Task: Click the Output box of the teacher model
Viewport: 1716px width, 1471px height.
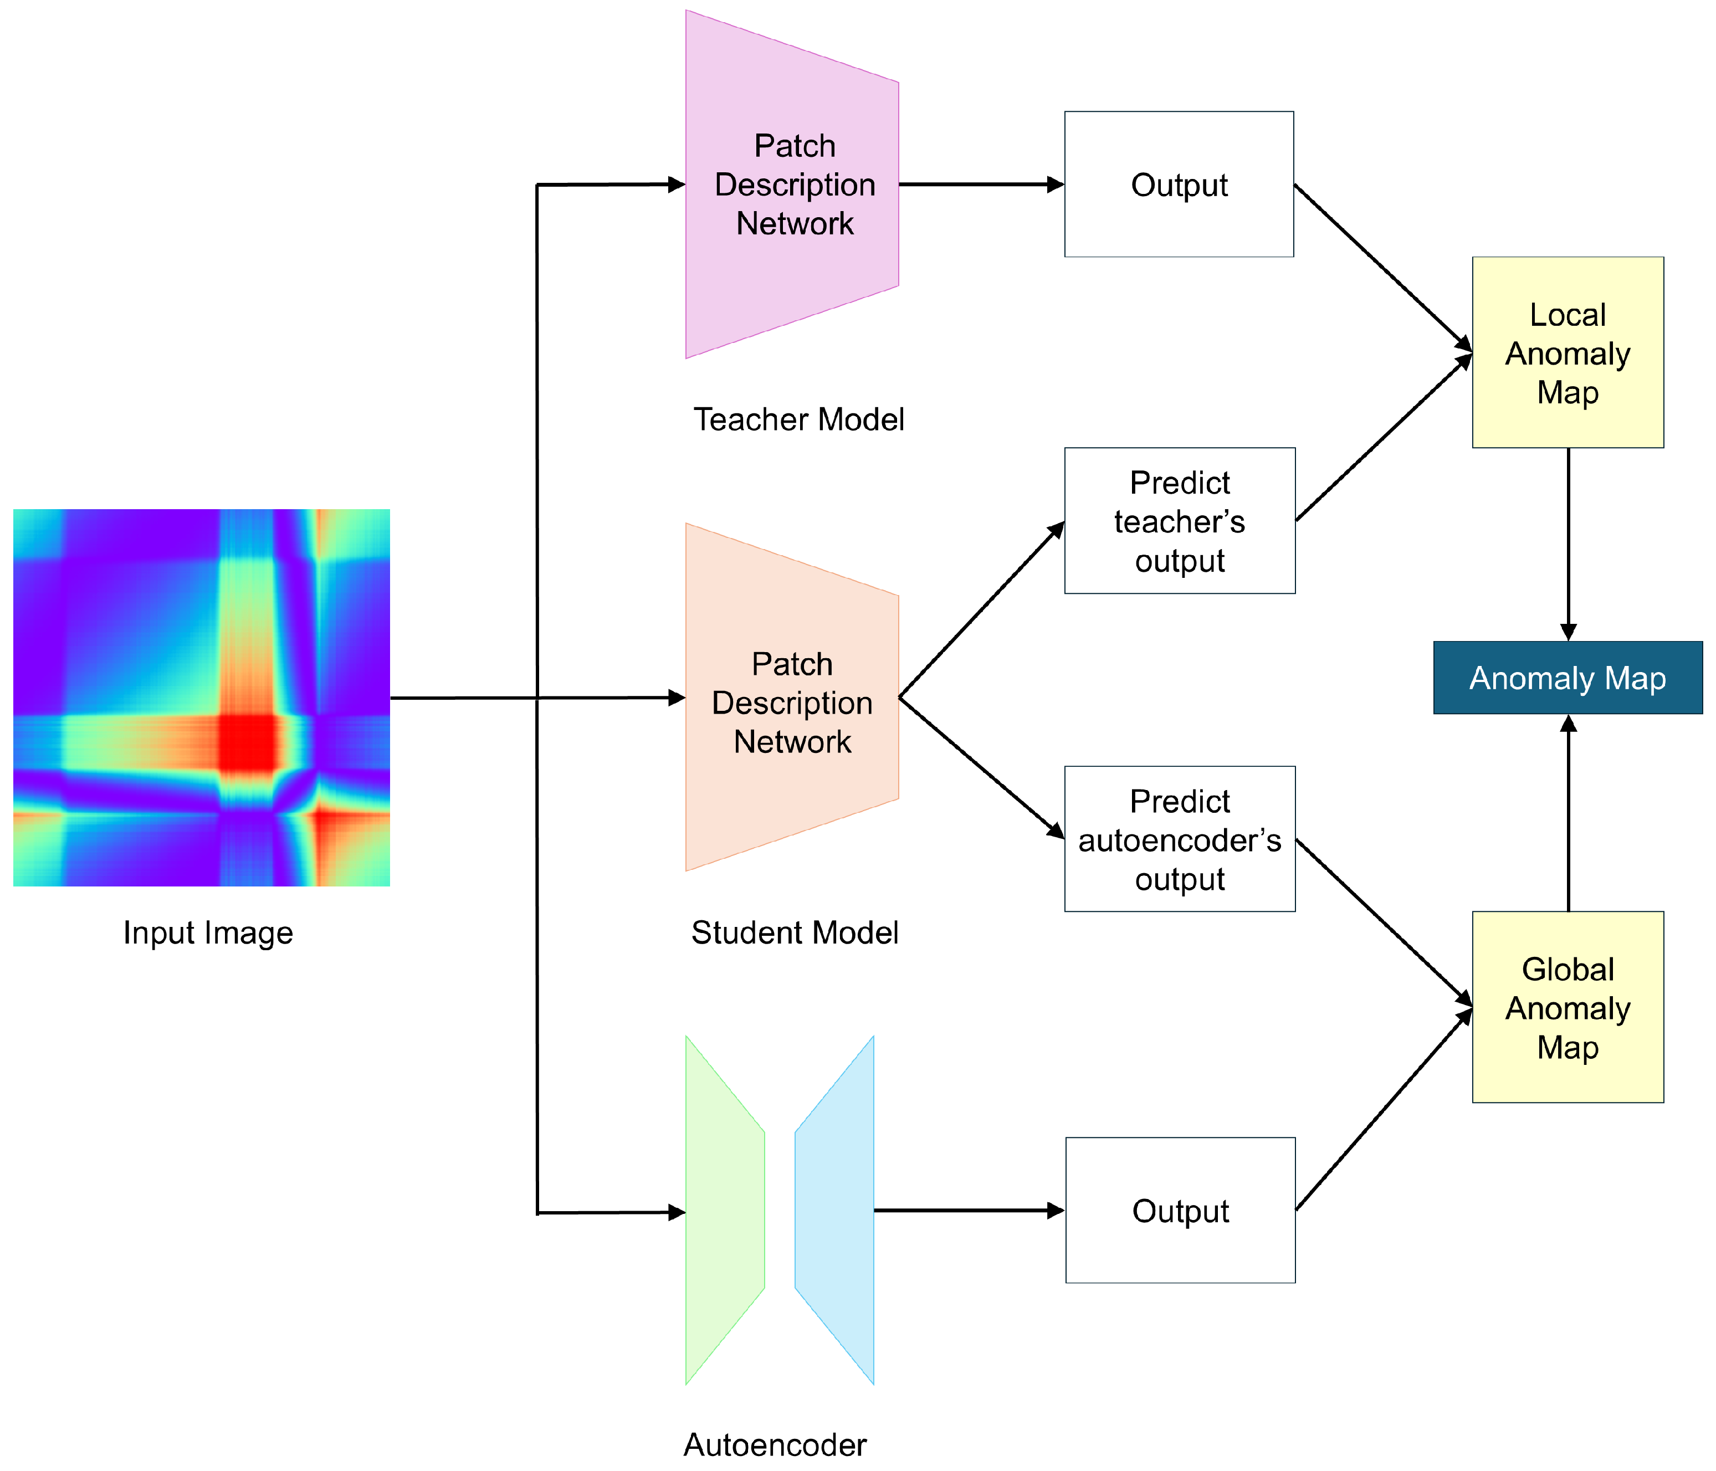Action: (x=1179, y=184)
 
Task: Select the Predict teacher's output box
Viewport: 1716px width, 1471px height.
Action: (x=1179, y=521)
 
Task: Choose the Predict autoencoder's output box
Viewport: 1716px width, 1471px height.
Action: (x=1179, y=839)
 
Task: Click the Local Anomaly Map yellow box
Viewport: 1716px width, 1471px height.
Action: (x=1567, y=353)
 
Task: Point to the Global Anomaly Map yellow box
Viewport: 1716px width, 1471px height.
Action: (x=1567, y=1007)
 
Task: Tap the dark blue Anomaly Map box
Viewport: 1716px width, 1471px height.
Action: (x=1567, y=678)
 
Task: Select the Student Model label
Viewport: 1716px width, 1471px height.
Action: (x=794, y=932)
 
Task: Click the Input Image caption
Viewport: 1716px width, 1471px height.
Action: (x=208, y=932)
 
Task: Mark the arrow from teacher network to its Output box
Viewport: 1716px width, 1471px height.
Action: (x=977, y=184)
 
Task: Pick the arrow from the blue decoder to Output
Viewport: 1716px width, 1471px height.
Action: (x=965, y=1210)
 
